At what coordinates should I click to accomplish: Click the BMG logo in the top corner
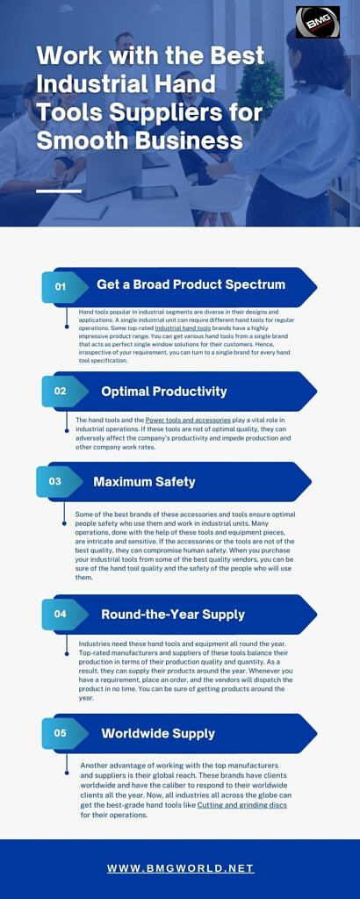[x=318, y=22]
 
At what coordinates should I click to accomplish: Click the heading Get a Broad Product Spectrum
[x=191, y=284]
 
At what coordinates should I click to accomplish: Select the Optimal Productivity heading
[x=164, y=392]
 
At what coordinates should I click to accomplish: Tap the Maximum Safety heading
[x=145, y=482]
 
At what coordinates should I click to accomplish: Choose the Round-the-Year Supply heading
[x=173, y=615]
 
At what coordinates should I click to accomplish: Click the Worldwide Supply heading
[x=158, y=733]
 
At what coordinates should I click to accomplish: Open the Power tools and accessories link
[x=188, y=421]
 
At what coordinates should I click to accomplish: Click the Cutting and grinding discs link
[x=242, y=805]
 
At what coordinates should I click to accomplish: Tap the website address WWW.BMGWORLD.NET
[x=180, y=868]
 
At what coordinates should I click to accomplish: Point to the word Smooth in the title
[x=75, y=140]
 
